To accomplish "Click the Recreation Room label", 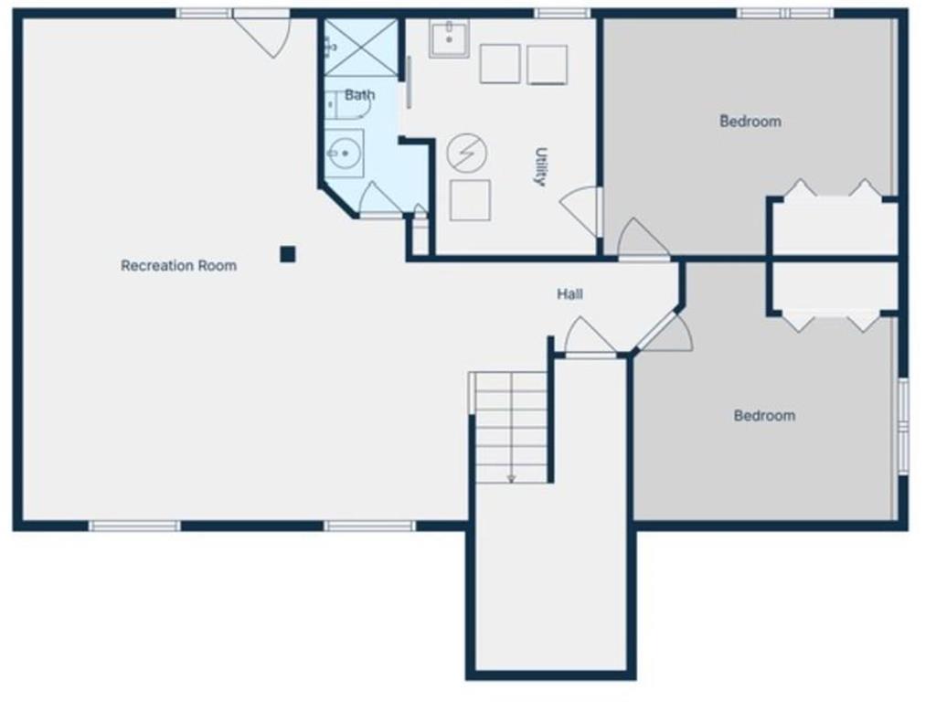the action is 178,266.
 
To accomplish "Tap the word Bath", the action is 360,95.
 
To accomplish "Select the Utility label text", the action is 541,166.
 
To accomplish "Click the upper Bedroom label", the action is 750,122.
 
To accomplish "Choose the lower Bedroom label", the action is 765,416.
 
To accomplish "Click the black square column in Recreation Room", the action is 288,254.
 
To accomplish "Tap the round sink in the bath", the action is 344,154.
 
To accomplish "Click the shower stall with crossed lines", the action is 360,48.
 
